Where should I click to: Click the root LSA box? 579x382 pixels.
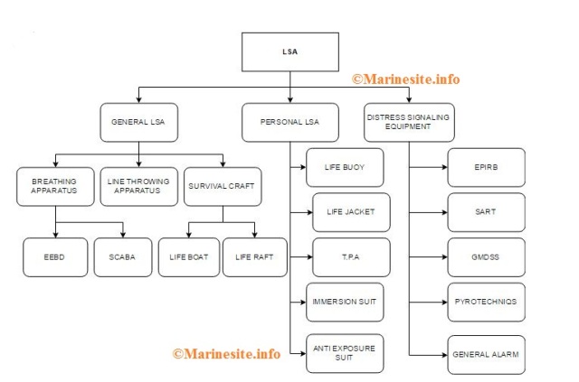tap(289, 52)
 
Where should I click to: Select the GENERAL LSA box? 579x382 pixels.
tap(138, 122)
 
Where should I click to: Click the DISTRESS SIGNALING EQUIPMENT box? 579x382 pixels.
tap(407, 122)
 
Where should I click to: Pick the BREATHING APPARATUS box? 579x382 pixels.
tap(55, 186)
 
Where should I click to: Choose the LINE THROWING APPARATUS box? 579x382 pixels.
tap(138, 186)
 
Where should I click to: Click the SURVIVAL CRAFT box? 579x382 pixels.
tap(222, 186)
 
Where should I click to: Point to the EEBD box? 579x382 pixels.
tap(55, 256)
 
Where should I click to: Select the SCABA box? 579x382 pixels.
tap(122, 256)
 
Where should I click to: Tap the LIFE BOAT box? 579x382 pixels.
tap(188, 256)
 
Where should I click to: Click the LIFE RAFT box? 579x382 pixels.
tap(254, 256)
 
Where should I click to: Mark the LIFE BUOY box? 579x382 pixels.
tap(345, 167)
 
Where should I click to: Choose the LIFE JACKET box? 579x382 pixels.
tap(351, 212)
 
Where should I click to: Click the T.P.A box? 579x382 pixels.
tap(351, 256)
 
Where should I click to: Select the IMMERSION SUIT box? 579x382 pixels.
tap(345, 301)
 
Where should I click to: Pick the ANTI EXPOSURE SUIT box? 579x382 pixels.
tap(345, 351)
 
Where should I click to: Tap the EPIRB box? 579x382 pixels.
tap(486, 167)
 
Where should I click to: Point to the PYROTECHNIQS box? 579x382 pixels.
tap(486, 302)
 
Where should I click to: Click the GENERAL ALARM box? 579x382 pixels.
tap(486, 354)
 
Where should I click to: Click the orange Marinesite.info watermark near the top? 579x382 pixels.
tap(405, 79)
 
